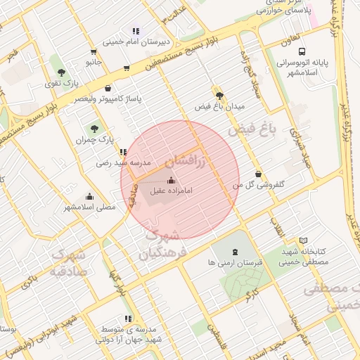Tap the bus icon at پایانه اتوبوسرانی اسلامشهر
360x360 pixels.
(302, 51)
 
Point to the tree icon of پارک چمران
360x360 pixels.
(94, 128)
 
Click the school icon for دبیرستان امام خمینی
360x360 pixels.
(136, 32)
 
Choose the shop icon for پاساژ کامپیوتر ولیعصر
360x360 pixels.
(108, 88)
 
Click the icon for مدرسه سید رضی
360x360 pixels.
(123, 152)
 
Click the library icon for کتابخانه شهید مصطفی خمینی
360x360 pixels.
(303, 240)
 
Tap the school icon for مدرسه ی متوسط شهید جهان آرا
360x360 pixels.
(128, 319)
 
